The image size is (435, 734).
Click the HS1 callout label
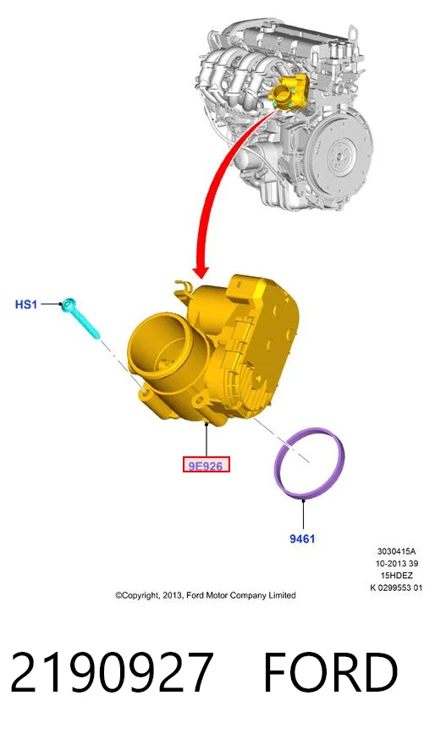25,304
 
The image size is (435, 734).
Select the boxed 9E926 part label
206,465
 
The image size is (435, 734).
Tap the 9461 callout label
302,538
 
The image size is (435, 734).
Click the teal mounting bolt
81,317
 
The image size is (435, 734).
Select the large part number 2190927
112,672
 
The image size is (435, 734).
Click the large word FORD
330,672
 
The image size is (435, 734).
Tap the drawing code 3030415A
396,551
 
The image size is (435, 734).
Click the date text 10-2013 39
397,564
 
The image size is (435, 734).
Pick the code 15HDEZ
397,576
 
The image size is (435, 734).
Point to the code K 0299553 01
396,588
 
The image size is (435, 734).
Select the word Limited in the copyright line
282,595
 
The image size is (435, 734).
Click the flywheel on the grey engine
341,152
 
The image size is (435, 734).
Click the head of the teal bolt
69,303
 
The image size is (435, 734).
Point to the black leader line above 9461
303,516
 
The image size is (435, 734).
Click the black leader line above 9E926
206,440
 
